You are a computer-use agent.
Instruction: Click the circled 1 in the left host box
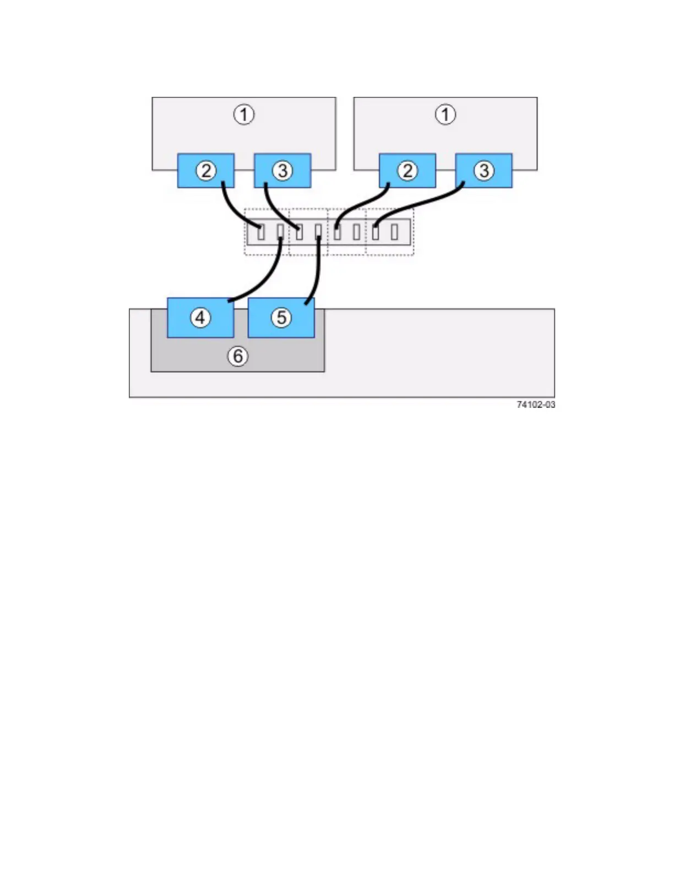(x=244, y=115)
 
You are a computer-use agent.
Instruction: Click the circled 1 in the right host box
(x=445, y=115)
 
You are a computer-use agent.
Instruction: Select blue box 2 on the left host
(x=206, y=171)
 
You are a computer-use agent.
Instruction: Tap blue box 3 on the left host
(x=282, y=171)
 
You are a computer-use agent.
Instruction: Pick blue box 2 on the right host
(x=407, y=171)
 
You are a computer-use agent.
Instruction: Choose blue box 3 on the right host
(x=484, y=171)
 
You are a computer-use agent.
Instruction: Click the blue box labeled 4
(x=200, y=318)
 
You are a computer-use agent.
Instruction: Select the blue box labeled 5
(x=281, y=318)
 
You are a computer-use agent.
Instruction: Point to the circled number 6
(x=238, y=356)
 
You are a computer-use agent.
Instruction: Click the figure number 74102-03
(x=536, y=405)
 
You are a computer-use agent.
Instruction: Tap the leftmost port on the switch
(x=261, y=232)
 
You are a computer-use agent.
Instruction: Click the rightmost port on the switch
(x=394, y=232)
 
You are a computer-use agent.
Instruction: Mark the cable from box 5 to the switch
(x=316, y=275)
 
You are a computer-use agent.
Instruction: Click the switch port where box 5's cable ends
(x=318, y=232)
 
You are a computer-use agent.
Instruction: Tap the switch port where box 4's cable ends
(x=280, y=232)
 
